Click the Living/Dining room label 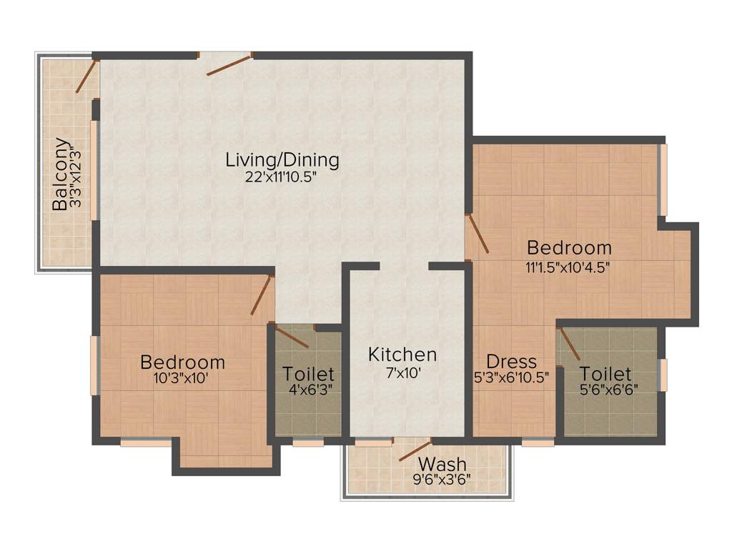click(x=282, y=159)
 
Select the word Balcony click(x=61, y=174)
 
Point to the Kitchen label click(x=402, y=355)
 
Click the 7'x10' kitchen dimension click(x=402, y=374)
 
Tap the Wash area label click(x=442, y=465)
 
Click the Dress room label click(x=511, y=361)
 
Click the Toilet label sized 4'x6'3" click(x=308, y=373)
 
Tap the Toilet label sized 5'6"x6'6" click(x=605, y=373)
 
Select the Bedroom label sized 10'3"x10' click(x=182, y=362)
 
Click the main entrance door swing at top click(x=229, y=64)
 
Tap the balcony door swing click(x=87, y=76)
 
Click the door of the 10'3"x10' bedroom click(x=262, y=295)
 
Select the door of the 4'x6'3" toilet click(x=291, y=337)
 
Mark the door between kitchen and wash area click(x=415, y=450)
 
